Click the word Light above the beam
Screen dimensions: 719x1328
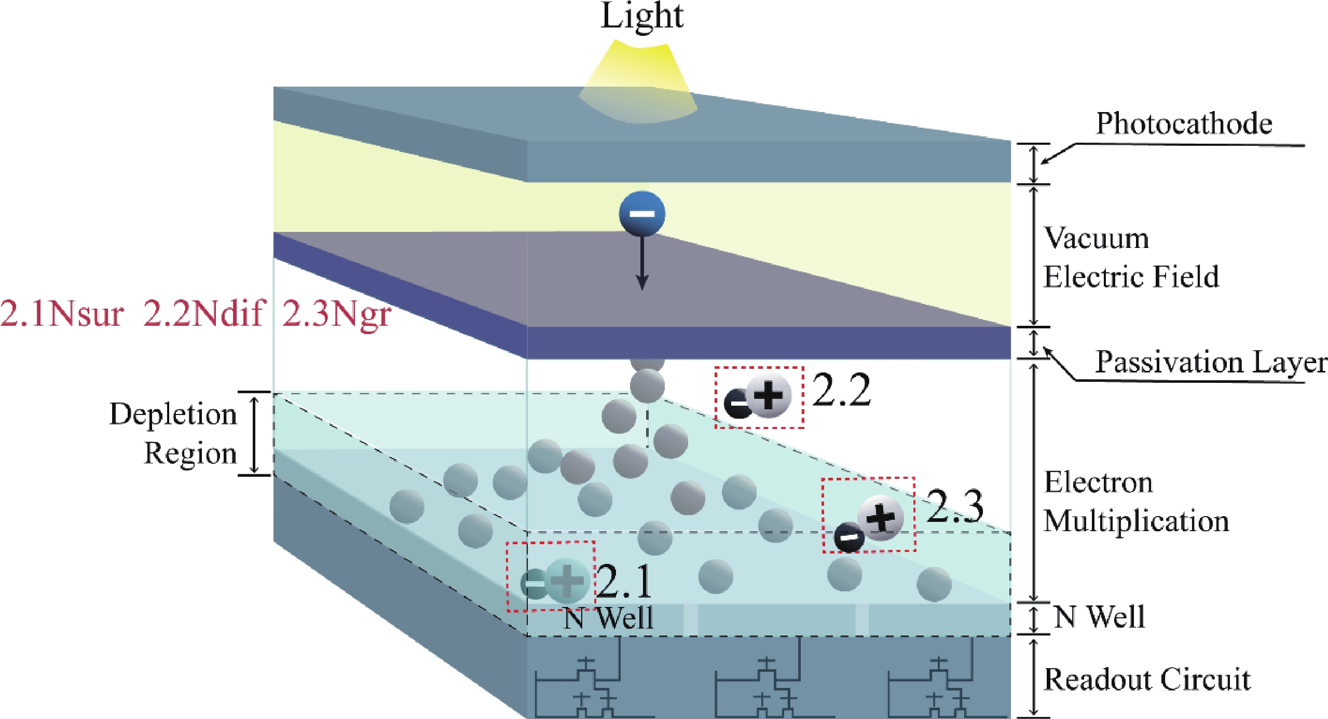pyautogui.click(x=642, y=17)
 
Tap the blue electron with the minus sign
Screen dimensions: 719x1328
pyautogui.click(x=642, y=213)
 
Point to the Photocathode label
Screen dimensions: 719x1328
pyautogui.click(x=1184, y=125)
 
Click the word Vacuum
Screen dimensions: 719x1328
pyautogui.click(x=1096, y=239)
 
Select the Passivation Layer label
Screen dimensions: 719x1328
pyautogui.click(x=1211, y=362)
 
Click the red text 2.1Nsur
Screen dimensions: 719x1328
pyautogui.click(x=62, y=314)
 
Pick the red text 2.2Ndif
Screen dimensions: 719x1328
pyautogui.click(x=204, y=313)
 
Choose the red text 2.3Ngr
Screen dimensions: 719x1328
pyautogui.click(x=336, y=314)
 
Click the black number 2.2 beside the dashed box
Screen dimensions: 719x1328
pyautogui.click(x=841, y=390)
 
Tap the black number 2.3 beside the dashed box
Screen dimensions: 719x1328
pyautogui.click(x=954, y=506)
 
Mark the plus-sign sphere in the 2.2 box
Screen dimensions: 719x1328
pyautogui.click(x=769, y=395)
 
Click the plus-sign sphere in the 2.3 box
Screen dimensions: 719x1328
pyautogui.click(x=881, y=518)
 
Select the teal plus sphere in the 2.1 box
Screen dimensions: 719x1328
pyautogui.click(x=567, y=581)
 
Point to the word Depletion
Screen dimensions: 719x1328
pyautogui.click(x=173, y=414)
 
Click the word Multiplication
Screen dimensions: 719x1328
pyautogui.click(x=1136, y=521)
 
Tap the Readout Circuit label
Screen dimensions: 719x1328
pyautogui.click(x=1147, y=680)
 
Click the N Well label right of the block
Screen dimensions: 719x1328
pyautogui.click(x=1099, y=617)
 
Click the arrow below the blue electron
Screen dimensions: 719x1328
pyautogui.click(x=642, y=265)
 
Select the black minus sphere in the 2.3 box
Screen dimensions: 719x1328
pyautogui.click(x=849, y=537)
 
